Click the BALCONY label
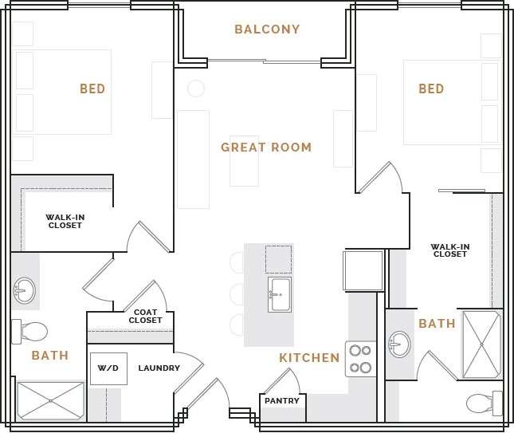click(x=267, y=30)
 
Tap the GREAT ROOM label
click(x=266, y=148)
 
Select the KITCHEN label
click(x=309, y=358)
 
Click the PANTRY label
click(x=282, y=401)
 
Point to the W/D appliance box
click(x=108, y=368)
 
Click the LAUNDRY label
click(x=159, y=368)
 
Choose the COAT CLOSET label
click(x=146, y=317)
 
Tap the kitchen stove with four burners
click(x=360, y=359)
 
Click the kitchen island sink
click(x=280, y=294)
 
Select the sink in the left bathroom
click(x=25, y=291)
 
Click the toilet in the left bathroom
click(x=29, y=331)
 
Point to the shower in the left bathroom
click(x=51, y=400)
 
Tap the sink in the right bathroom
click(x=399, y=344)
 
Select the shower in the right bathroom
click(x=482, y=344)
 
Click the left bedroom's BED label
click(x=92, y=89)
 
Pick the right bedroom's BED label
click(x=431, y=89)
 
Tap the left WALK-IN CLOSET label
click(x=65, y=221)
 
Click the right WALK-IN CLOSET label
click(x=450, y=250)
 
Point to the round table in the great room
click(x=196, y=89)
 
